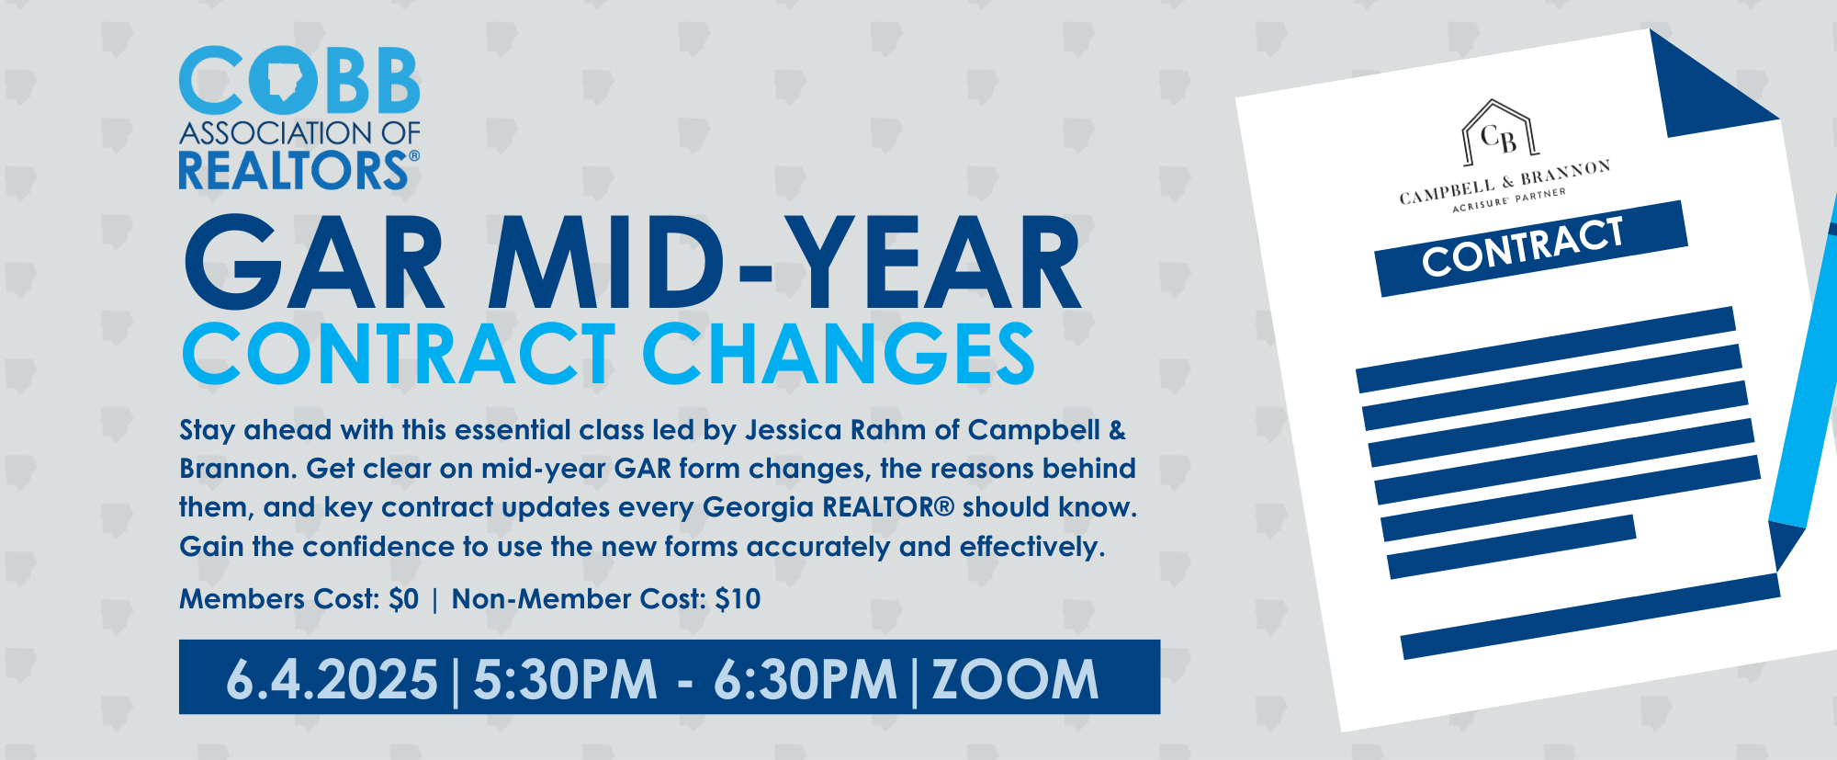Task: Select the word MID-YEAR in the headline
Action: click(784, 264)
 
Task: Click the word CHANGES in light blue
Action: click(839, 354)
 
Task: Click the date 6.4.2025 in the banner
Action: click(332, 679)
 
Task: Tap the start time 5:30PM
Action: click(565, 679)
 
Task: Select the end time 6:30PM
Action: click(805, 679)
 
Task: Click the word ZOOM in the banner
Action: click(1015, 679)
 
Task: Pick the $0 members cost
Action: click(403, 599)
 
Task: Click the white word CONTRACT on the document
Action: click(1523, 247)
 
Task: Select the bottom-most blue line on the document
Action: click(1590, 616)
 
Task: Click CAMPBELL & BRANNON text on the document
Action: click(1505, 182)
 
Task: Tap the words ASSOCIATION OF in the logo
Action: click(299, 133)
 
